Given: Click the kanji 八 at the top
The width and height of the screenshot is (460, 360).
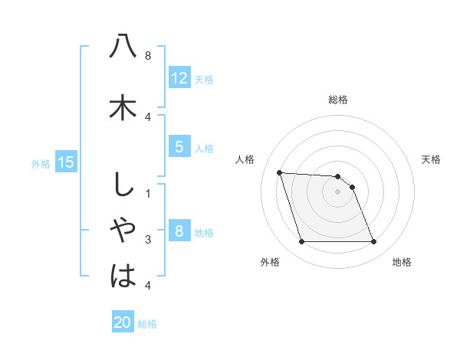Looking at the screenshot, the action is (123, 47).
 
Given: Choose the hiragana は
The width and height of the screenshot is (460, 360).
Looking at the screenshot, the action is (123, 275).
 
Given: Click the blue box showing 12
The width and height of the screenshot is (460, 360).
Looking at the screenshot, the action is (179, 78).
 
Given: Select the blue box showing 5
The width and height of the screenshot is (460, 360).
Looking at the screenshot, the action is (179, 147).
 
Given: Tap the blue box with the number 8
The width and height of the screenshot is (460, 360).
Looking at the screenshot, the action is (179, 231).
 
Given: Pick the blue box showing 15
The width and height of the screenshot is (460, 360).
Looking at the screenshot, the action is (66, 162).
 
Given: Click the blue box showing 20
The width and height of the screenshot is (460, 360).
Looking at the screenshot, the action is (123, 322).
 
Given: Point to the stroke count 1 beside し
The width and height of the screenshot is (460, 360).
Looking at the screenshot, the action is (148, 193).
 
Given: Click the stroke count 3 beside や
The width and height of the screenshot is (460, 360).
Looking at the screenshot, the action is (148, 240).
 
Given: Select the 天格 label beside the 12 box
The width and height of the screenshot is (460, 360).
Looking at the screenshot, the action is (204, 80).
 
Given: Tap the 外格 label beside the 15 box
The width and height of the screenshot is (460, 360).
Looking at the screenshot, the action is (41, 163).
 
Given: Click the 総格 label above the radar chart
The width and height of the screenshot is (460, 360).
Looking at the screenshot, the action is (338, 100).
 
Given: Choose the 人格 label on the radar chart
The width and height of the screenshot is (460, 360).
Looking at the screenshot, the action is (245, 159).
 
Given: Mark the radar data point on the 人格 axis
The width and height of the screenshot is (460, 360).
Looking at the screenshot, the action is (279, 172).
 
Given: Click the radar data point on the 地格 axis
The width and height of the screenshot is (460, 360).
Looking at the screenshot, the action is (373, 242).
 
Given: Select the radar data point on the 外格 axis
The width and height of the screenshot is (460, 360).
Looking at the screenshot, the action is (301, 242).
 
